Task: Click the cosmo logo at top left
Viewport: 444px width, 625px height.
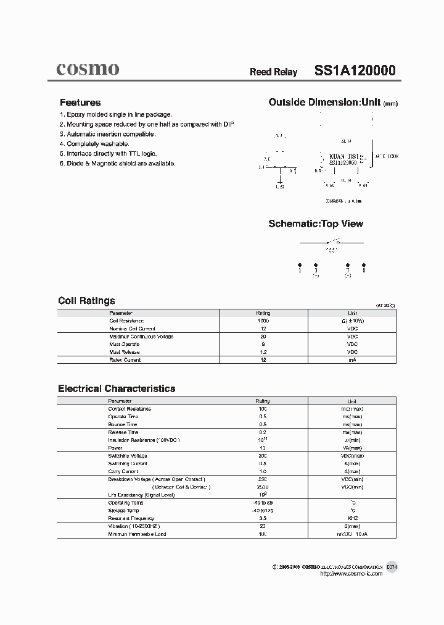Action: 88,69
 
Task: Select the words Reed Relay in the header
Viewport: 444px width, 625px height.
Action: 273,72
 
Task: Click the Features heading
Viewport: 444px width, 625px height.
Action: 80,103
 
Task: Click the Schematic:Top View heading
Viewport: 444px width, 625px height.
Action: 315,224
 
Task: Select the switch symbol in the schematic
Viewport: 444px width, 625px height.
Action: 333,241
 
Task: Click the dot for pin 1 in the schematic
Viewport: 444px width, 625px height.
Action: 300,263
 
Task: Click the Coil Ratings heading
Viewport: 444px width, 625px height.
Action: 86,301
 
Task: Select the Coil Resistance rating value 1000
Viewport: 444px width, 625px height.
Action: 263,321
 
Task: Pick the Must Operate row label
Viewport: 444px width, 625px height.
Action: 124,344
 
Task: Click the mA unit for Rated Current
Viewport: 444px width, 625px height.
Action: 352,359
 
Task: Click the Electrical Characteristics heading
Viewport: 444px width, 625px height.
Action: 117,388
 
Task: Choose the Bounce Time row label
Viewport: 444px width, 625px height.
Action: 123,424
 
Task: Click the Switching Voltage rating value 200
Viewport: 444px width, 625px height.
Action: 263,456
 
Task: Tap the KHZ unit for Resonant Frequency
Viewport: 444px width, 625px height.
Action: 352,518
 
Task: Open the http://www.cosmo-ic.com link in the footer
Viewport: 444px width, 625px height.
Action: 351,574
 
